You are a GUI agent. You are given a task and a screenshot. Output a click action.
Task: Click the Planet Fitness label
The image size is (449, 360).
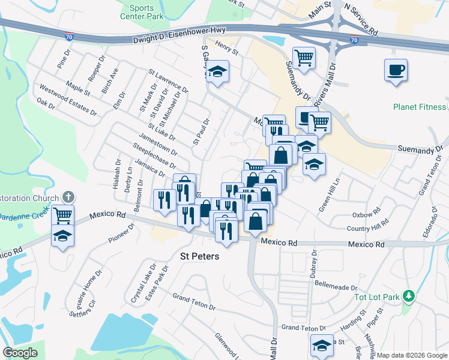(x=420, y=107)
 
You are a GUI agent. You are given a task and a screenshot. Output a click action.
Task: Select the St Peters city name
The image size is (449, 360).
(x=200, y=256)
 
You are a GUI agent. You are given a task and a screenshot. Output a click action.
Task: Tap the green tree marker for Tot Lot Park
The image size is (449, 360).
(x=409, y=296)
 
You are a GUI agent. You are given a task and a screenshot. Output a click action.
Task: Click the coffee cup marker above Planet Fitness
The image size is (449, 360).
(x=396, y=71)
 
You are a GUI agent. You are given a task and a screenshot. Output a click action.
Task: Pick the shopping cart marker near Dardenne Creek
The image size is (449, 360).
(x=63, y=215)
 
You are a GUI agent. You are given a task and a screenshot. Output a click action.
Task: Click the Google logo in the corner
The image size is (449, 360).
(x=20, y=353)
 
